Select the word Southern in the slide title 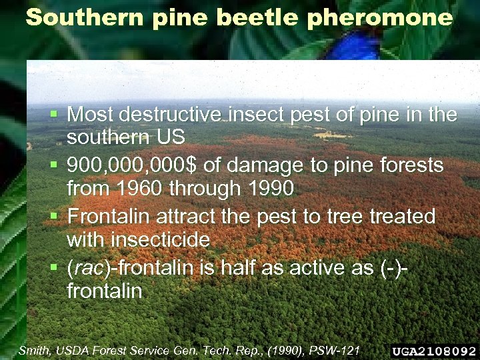pyautogui.click(x=86, y=18)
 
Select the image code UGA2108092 pyautogui.click(x=434, y=351)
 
